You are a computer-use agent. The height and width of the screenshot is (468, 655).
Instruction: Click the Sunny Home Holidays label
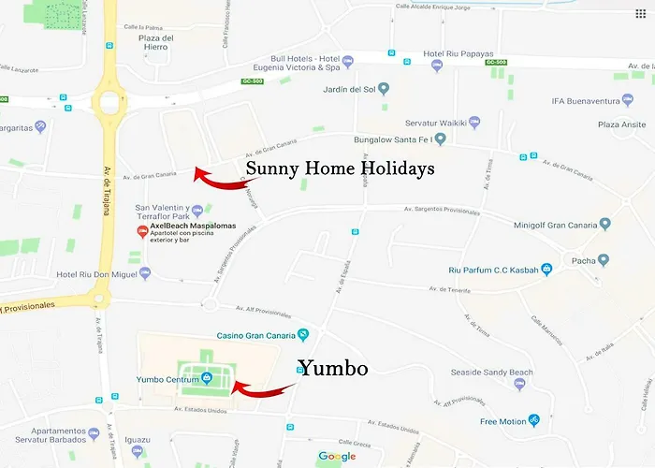pos(340,169)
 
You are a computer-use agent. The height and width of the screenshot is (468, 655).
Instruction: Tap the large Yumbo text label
pos(332,369)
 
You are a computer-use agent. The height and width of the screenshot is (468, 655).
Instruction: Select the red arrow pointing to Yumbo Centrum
pos(262,386)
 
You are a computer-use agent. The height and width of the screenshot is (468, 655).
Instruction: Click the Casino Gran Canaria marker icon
pos(302,335)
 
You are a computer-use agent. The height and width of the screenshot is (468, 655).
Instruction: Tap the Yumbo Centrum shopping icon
pos(205,379)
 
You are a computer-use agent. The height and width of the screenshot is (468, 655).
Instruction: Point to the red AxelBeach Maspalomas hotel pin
pos(142,231)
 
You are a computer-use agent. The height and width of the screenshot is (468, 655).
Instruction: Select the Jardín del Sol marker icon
pos(383,89)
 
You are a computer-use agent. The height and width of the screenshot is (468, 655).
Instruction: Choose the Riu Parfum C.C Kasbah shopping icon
pos(546,270)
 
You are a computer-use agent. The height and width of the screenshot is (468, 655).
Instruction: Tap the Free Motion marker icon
pos(533,421)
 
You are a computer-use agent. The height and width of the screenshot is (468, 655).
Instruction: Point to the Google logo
pos(337,457)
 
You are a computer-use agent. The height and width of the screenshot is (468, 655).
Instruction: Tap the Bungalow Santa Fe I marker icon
pos(440,139)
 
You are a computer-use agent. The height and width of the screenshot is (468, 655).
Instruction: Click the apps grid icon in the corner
pos(640,14)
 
